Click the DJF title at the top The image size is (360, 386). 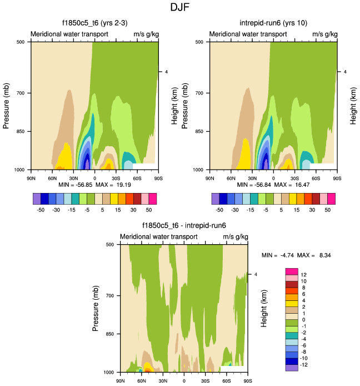click(179, 8)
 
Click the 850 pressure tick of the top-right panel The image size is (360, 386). click(199, 132)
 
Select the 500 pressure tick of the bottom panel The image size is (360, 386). click(109, 244)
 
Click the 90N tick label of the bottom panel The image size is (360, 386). click(120, 381)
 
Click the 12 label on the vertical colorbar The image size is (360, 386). click(304, 275)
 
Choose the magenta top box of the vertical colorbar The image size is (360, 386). click(292, 271)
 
